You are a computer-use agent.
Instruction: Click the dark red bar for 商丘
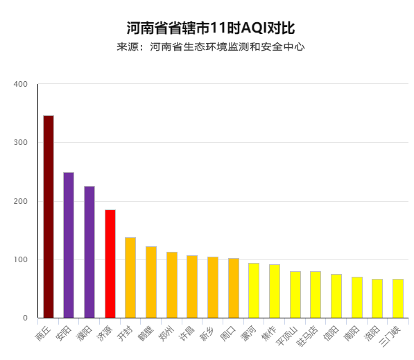(49, 216)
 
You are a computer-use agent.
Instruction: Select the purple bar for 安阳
(69, 245)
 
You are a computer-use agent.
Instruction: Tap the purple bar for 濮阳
(89, 252)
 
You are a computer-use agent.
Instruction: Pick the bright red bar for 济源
(110, 264)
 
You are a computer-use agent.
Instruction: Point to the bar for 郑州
(172, 285)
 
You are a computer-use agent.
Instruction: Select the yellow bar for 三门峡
(398, 298)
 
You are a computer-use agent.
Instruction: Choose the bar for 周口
(234, 288)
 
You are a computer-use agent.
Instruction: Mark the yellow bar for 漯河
(254, 290)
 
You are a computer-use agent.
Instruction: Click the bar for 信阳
(336, 295)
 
